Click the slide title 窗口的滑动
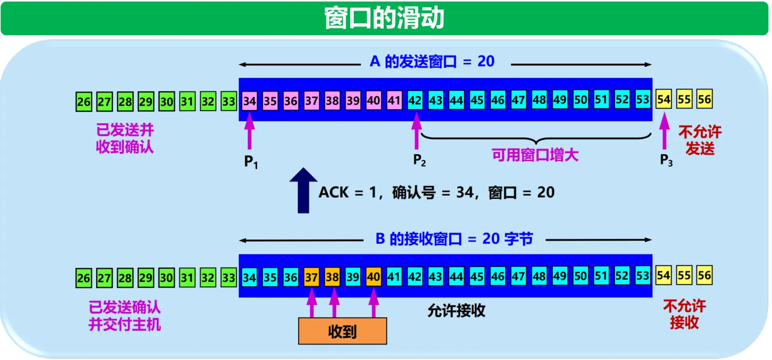click(x=384, y=18)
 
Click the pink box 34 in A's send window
click(x=249, y=100)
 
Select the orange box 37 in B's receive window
click(x=311, y=277)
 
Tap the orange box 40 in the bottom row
click(x=373, y=277)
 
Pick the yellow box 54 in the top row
click(x=663, y=99)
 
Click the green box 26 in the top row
click(x=84, y=101)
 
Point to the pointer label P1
click(x=251, y=162)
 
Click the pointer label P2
click(x=419, y=160)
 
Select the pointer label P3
click(x=666, y=160)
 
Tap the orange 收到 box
click(x=342, y=331)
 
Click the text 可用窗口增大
click(x=535, y=155)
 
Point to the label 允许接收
click(x=456, y=311)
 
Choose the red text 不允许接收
click(x=684, y=314)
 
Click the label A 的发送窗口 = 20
click(x=432, y=61)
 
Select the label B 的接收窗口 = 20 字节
click(x=454, y=239)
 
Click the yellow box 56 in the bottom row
click(x=704, y=275)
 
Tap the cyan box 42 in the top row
click(x=415, y=100)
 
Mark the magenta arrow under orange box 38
click(x=334, y=303)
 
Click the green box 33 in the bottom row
click(x=229, y=278)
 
